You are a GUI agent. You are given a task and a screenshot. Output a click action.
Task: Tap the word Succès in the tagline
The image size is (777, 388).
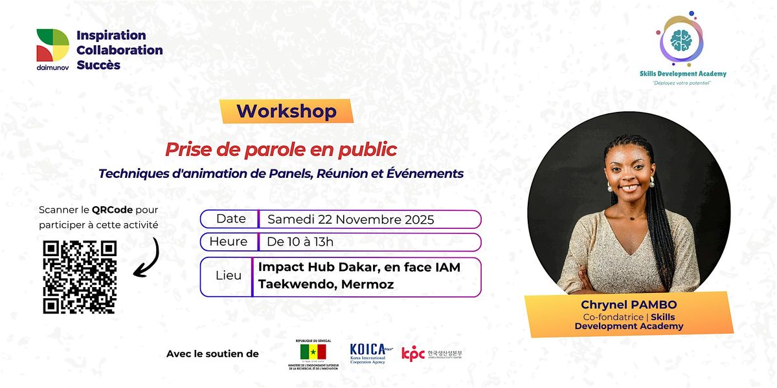tap(98, 65)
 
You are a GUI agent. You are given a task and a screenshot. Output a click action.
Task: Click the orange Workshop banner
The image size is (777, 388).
tap(286, 111)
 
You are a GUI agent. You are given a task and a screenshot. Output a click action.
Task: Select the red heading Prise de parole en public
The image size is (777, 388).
tap(280, 150)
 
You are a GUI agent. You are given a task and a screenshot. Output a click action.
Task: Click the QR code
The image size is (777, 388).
tap(80, 277)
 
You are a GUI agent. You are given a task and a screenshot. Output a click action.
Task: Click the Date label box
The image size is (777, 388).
tap(230, 219)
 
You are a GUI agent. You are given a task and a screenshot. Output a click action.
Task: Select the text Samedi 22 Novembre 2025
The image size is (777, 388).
tap(350, 220)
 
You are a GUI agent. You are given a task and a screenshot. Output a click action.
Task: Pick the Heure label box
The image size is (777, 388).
tap(228, 242)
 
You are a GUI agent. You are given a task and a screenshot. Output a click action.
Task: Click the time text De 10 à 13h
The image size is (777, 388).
tap(300, 242)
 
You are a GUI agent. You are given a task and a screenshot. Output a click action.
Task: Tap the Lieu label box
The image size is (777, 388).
tap(228, 275)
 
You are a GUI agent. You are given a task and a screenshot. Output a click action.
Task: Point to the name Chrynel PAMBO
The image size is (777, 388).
tap(628, 305)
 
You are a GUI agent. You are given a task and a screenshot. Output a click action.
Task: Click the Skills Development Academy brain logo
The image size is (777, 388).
tap(681, 41)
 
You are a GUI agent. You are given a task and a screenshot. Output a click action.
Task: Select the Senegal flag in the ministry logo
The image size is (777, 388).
tap(312, 352)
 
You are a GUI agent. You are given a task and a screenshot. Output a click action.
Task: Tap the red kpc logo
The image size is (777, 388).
tap(413, 354)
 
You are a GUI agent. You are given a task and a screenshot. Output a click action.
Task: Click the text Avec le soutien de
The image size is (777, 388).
tap(212, 354)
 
